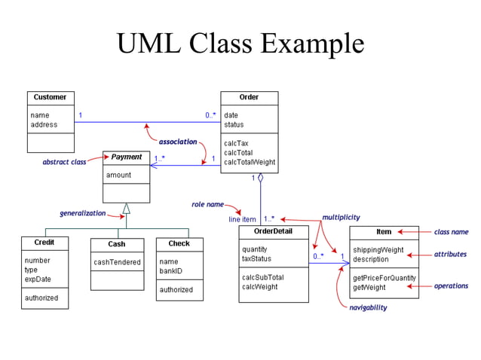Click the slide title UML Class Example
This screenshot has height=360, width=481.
[x=240, y=43]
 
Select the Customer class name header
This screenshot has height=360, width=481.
[x=51, y=97]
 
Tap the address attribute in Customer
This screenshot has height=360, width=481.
[x=44, y=125]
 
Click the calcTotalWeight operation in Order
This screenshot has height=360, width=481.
[x=250, y=162]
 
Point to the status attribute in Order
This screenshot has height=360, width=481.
[x=234, y=125]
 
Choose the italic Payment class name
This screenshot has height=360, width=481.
[x=127, y=157]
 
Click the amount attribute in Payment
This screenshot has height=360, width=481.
[x=118, y=175]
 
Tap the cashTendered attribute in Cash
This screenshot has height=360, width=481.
[x=117, y=262]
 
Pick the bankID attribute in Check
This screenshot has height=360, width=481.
[x=171, y=271]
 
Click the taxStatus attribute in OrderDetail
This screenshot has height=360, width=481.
[x=256, y=258]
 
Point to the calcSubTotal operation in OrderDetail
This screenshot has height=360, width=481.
[x=262, y=277]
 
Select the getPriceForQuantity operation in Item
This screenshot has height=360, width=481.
[x=384, y=278]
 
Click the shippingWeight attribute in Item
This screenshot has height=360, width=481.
[x=378, y=250]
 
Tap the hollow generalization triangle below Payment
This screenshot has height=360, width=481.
[x=127, y=209]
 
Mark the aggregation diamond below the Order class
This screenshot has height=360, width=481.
[x=260, y=178]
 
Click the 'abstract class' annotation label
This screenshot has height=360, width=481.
[x=64, y=162]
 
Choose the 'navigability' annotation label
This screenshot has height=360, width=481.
[x=368, y=307]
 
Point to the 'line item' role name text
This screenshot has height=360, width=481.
[x=244, y=219]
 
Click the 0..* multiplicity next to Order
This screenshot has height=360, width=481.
[x=210, y=115]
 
